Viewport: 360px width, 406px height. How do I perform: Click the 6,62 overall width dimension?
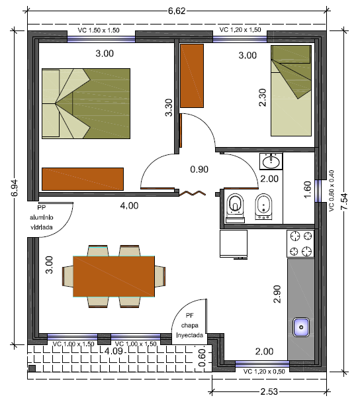pos(177,11)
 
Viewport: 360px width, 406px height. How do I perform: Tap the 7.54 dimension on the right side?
pos(344,201)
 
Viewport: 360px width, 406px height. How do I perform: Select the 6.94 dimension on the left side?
pos(15,187)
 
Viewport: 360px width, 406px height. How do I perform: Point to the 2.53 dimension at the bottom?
pos(269,391)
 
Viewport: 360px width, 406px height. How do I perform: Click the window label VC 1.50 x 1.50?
pos(99,30)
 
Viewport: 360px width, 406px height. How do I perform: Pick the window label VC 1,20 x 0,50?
pos(264,372)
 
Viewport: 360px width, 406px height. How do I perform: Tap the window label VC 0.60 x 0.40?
pos(332,191)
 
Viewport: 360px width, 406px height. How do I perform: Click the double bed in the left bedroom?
pos(86,103)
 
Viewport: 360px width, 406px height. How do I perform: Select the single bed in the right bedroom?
pos(291,91)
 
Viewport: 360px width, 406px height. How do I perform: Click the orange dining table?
pos(114,276)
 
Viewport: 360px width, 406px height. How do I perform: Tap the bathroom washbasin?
pos(271,162)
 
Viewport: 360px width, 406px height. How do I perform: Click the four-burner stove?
pos(300,244)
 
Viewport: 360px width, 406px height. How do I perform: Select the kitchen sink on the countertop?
pos(301,327)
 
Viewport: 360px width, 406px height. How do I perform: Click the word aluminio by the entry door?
pos(42,217)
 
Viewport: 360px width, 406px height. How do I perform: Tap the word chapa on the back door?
pos(189,325)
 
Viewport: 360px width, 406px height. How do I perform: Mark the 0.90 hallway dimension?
pos(199,170)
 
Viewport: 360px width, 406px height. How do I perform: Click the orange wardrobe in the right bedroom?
pos(192,76)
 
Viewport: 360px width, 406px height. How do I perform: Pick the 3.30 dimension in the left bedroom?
pos(169,107)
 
